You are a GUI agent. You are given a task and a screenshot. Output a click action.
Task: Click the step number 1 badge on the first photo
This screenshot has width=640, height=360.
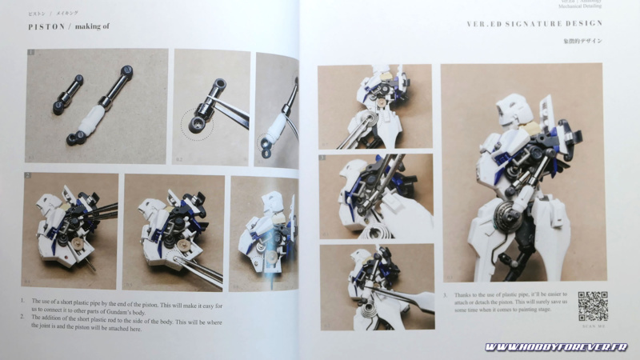(x=30, y=54)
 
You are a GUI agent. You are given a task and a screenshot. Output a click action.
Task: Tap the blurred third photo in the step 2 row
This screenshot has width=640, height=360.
(x=263, y=232)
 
